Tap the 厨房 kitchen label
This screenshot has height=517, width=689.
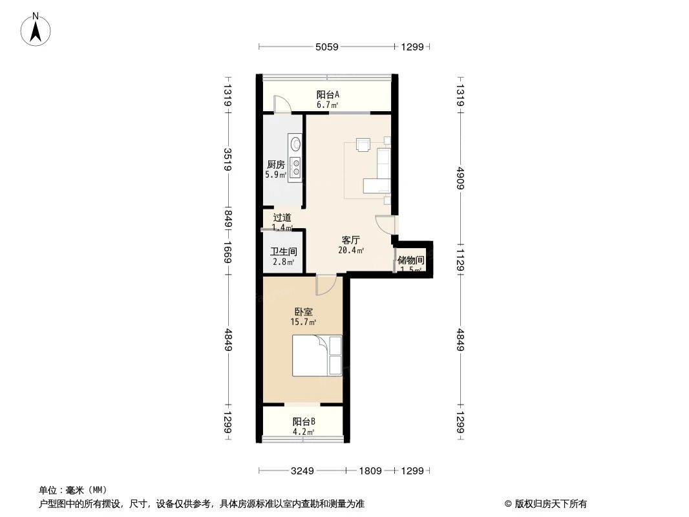click(275, 164)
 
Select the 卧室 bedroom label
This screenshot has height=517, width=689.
click(303, 311)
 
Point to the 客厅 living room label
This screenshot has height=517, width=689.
click(350, 240)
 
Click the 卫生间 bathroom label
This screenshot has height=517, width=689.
click(283, 252)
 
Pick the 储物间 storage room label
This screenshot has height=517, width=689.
click(411, 260)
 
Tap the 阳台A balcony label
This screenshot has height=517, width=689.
click(328, 94)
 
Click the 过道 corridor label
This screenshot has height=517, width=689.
click(282, 218)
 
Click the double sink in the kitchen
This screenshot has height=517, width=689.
click(295, 167)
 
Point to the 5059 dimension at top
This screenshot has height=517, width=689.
click(328, 47)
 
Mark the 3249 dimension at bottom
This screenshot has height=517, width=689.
click(302, 471)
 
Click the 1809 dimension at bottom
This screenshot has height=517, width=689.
click(370, 471)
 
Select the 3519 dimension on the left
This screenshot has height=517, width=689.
click(228, 160)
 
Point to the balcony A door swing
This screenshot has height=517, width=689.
click(282, 105)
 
